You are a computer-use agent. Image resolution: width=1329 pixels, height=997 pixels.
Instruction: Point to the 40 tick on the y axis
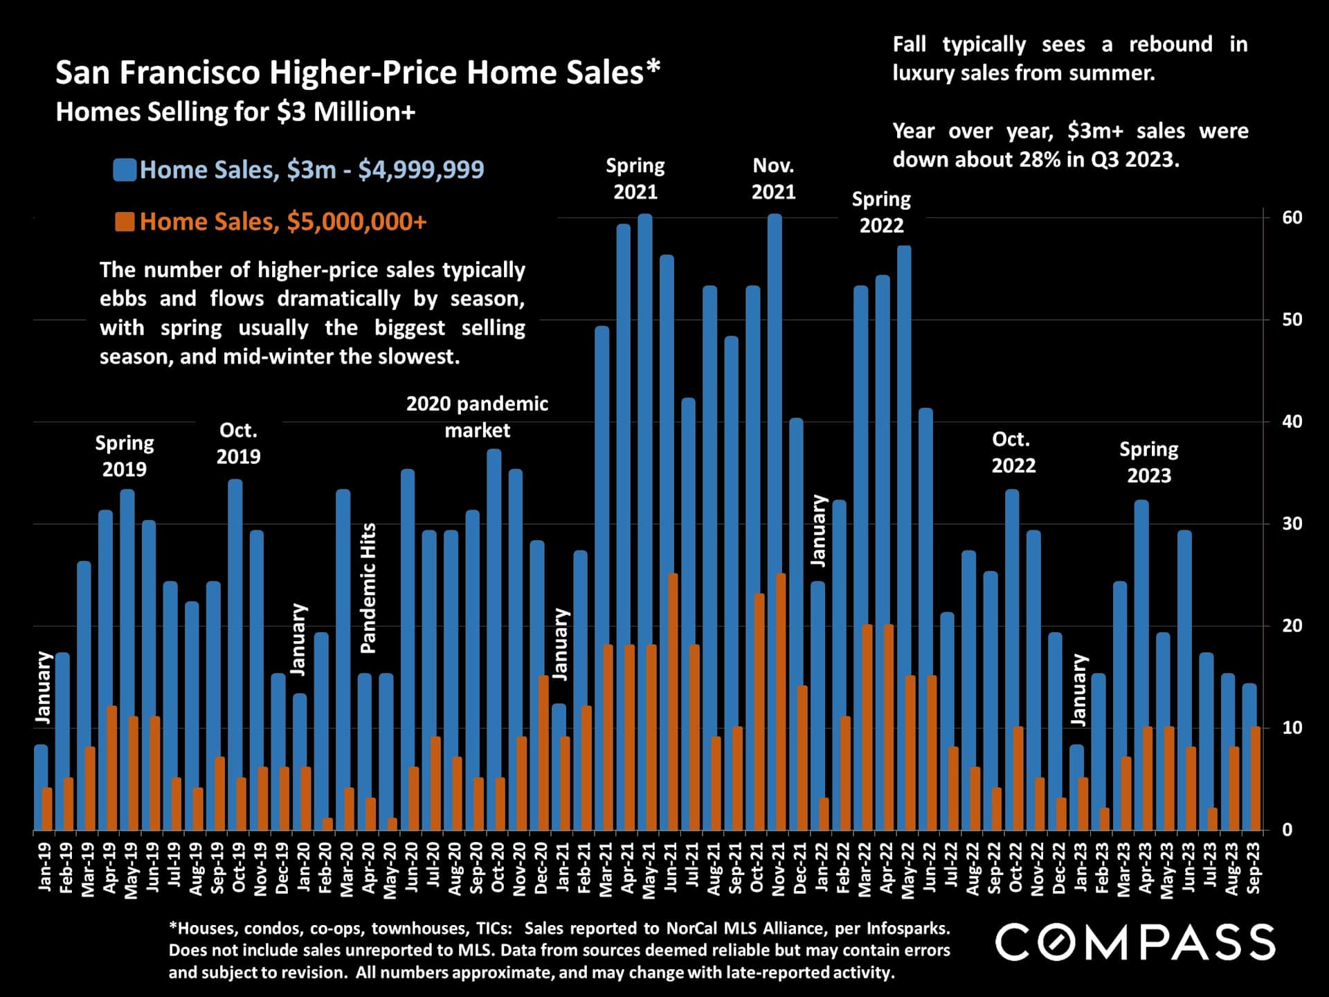[1292, 422]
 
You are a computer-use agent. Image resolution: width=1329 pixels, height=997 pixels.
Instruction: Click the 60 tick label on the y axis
[1292, 217]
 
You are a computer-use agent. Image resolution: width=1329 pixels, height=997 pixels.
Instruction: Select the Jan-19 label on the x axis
[44, 867]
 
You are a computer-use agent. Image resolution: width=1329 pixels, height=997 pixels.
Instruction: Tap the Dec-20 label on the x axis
[541, 868]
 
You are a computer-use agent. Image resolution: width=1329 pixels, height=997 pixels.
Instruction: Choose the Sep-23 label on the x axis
[1254, 868]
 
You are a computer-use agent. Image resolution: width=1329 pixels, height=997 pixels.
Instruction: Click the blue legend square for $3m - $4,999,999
[125, 170]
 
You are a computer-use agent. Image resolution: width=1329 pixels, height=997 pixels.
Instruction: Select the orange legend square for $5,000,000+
[125, 222]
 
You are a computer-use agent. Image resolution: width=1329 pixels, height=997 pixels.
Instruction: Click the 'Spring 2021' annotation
[635, 179]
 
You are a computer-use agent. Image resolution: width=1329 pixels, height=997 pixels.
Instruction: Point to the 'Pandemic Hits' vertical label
[368, 588]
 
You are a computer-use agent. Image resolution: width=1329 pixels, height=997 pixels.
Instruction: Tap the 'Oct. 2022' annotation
[1013, 452]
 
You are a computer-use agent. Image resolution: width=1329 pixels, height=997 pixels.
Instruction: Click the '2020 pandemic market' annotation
[477, 417]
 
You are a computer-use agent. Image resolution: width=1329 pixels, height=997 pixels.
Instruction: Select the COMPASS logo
[1135, 943]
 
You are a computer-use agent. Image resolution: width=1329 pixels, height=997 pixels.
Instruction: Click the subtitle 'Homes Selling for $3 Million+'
[235, 112]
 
